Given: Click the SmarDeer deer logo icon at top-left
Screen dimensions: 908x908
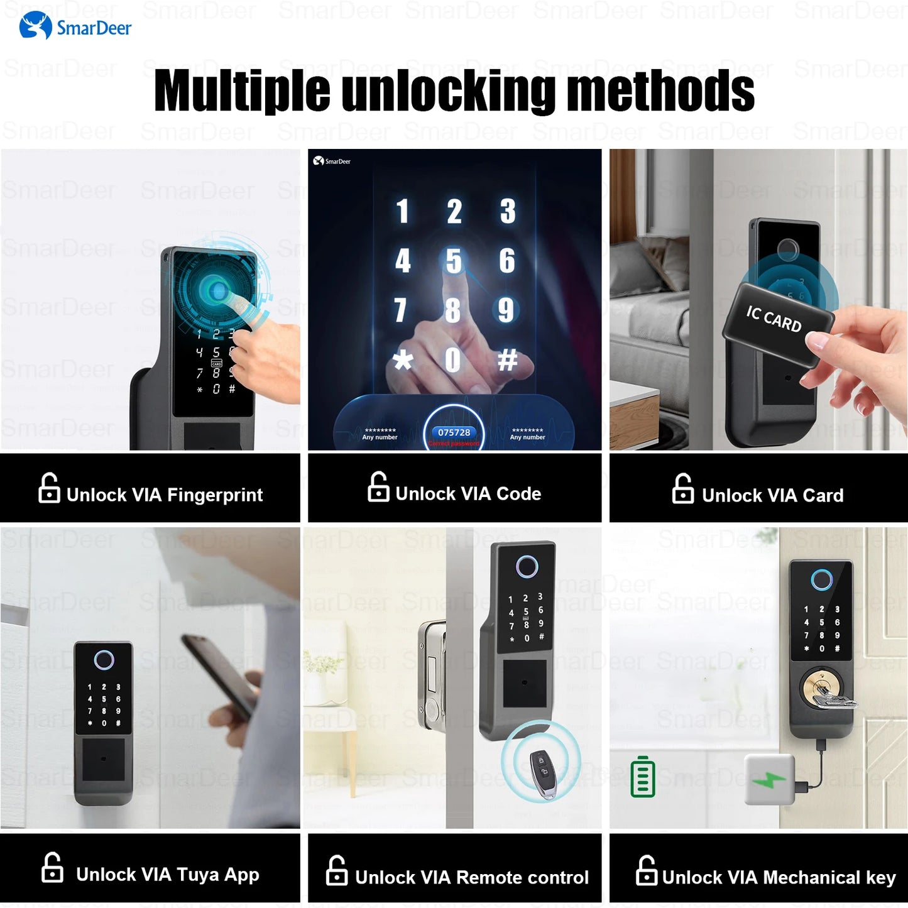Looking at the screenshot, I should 35,26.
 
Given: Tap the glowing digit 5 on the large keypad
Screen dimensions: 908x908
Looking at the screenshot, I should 454,261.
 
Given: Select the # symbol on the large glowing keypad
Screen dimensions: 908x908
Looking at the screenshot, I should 507,360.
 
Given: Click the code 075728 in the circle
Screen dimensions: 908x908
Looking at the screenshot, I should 454,432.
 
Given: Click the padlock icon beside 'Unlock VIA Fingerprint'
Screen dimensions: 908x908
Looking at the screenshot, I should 49,488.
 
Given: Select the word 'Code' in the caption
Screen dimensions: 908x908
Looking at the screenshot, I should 518,494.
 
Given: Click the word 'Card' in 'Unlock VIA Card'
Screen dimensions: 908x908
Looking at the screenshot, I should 823,496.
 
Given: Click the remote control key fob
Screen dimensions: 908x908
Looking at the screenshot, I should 541,773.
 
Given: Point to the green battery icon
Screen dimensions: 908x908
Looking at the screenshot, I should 642,777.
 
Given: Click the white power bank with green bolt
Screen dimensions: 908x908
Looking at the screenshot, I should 769,780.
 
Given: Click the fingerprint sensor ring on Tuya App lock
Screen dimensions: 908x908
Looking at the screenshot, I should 104,660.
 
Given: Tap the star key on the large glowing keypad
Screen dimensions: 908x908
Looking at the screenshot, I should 403,360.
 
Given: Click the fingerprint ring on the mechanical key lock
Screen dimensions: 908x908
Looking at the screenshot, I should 821,579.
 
